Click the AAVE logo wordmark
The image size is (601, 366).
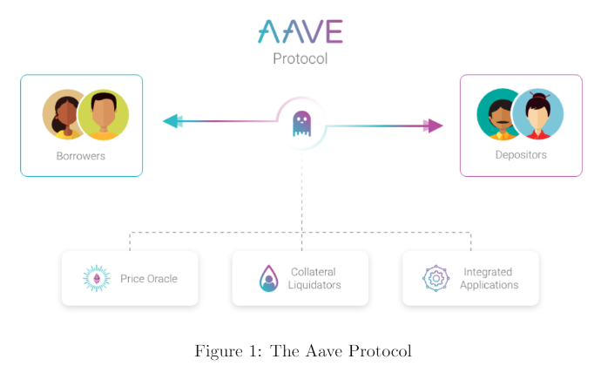click(x=300, y=31)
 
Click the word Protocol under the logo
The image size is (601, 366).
click(x=300, y=58)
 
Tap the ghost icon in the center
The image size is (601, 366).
click(x=301, y=124)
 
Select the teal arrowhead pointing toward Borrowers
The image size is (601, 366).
click(x=172, y=121)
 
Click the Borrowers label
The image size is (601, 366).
click(x=81, y=156)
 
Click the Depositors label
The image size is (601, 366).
click(x=521, y=154)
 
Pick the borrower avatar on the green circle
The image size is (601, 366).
click(x=104, y=115)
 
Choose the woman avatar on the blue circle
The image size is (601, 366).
click(x=537, y=114)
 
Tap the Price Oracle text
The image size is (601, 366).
click(x=149, y=279)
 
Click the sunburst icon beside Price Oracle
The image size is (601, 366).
click(x=97, y=278)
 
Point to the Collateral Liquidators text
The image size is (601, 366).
click(x=314, y=278)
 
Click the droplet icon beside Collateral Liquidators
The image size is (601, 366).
click(x=268, y=278)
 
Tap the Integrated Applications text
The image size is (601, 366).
click(x=490, y=278)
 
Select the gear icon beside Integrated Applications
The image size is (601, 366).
click(x=436, y=278)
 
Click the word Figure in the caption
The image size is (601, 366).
click(x=219, y=351)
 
